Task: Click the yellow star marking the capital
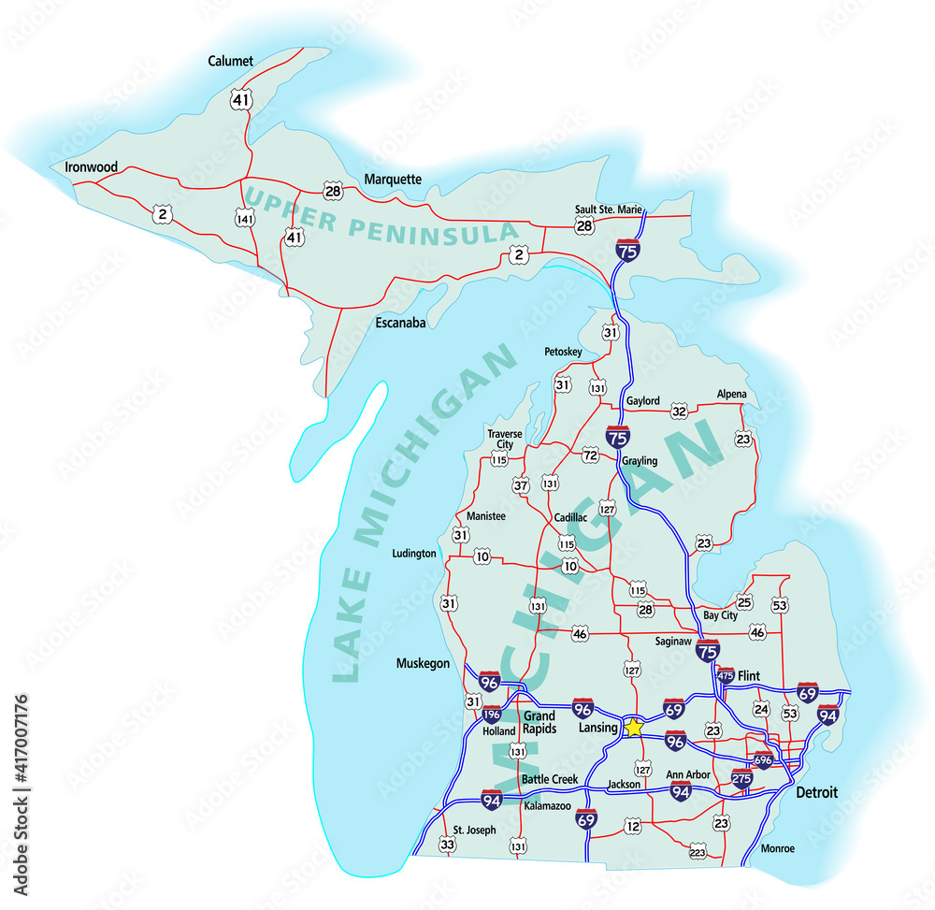tap(634, 727)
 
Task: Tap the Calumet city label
tap(231, 62)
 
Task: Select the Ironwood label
tap(92, 167)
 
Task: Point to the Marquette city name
tap(393, 180)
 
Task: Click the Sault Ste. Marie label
tap(608, 209)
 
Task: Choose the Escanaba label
tap(400, 324)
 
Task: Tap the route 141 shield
tap(246, 219)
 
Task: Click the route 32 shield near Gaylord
tap(679, 411)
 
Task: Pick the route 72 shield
tap(590, 455)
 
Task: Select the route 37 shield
tap(521, 485)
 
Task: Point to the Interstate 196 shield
tap(492, 715)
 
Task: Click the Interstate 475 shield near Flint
tap(726, 674)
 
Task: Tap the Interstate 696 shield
tap(763, 760)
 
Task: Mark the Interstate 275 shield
tap(741, 778)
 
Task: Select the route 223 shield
tap(698, 852)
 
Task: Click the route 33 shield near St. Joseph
tap(448, 845)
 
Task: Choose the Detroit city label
tap(816, 793)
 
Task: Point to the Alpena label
tap(732, 395)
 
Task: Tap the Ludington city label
tap(414, 554)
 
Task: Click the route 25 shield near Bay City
tap(745, 603)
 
